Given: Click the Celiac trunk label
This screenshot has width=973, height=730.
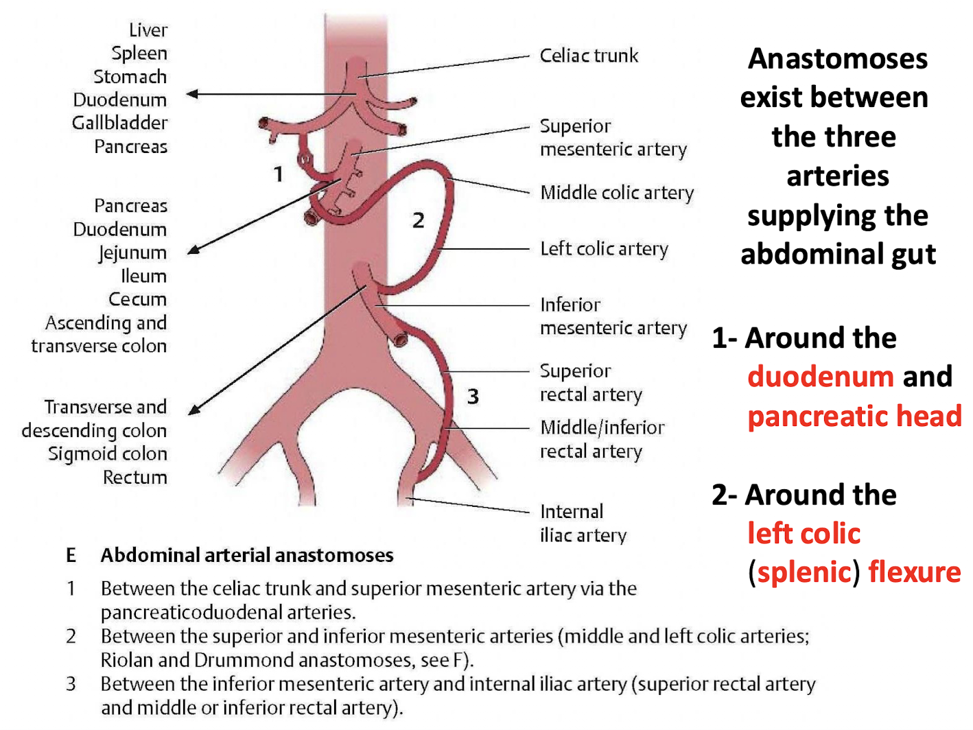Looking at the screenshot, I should (x=589, y=56).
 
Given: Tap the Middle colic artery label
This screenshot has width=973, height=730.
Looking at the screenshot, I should (x=617, y=193).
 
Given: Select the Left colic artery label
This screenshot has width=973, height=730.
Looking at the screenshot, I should (x=604, y=248).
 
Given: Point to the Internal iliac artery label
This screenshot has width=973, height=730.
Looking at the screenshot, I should (x=583, y=523).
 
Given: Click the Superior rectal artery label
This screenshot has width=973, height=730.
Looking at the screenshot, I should (x=591, y=383).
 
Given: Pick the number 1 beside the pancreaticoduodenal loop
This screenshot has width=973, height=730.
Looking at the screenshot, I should (x=278, y=174).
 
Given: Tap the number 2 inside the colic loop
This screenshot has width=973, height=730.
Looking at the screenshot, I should (x=418, y=221).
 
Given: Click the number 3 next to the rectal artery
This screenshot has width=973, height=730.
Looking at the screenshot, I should (x=473, y=397).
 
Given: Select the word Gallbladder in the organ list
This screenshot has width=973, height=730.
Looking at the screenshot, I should (x=120, y=123).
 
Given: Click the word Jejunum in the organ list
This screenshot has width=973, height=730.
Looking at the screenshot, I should (x=132, y=253).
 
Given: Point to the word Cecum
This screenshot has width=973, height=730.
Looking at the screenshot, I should (x=137, y=300).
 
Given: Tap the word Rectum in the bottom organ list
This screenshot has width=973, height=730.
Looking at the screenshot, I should (x=135, y=478).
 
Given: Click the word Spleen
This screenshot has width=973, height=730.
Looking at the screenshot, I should (x=139, y=54).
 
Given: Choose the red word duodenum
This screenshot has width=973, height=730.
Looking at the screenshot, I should (x=820, y=377).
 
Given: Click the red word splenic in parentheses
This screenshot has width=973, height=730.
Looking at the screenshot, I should (x=804, y=572).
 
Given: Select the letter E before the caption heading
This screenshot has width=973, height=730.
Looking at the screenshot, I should (x=71, y=555).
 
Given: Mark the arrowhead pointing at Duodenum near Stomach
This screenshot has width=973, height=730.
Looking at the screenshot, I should (x=193, y=94).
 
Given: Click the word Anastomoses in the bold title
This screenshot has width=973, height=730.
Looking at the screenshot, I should (x=838, y=59).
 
